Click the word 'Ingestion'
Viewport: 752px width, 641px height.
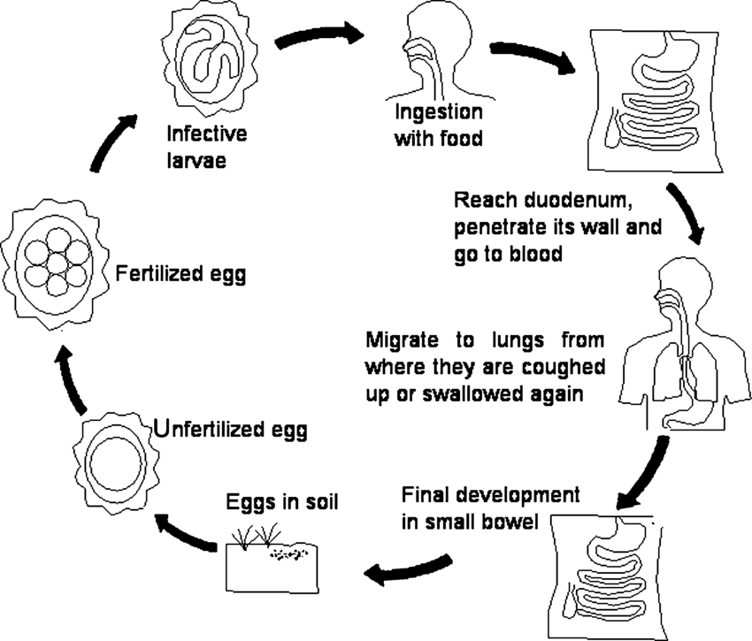pos(439,114)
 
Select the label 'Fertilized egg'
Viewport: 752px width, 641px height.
pos(180,274)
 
